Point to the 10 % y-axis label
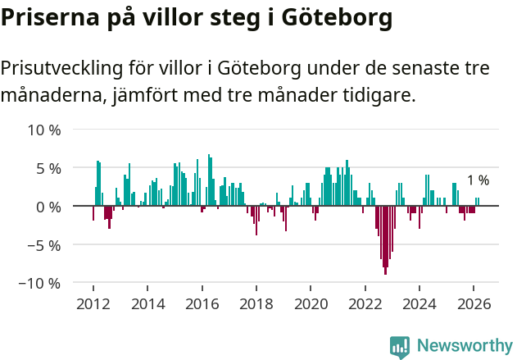coord(44,130)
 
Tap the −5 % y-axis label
coord(44,244)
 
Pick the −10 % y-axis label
coord(41,283)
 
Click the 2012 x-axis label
coord(93,303)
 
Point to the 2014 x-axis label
coord(147,303)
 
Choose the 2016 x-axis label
coord(202,303)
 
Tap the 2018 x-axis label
coord(256,303)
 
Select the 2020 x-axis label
coord(311,303)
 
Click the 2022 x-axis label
coord(365,303)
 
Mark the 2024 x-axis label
coord(419,303)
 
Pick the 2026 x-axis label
coord(474,303)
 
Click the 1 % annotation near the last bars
coord(478,180)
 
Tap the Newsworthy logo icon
coord(400,346)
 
